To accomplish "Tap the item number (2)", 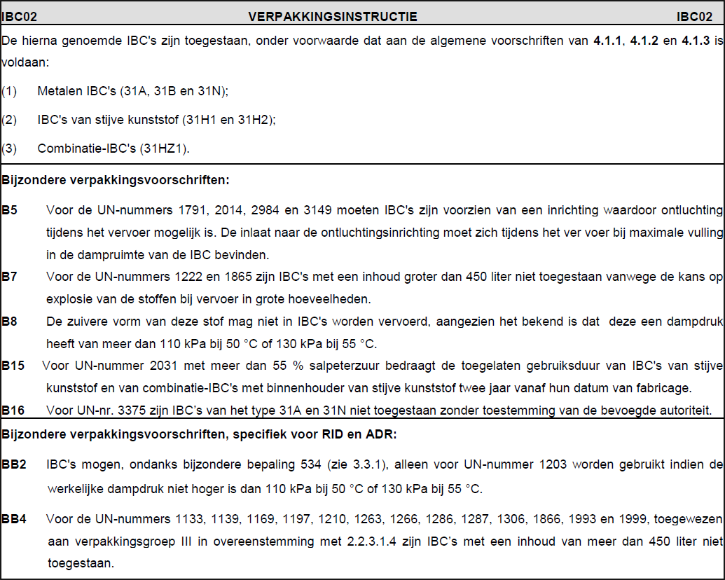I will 9,120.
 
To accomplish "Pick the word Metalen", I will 58,92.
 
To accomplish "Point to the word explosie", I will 71,298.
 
